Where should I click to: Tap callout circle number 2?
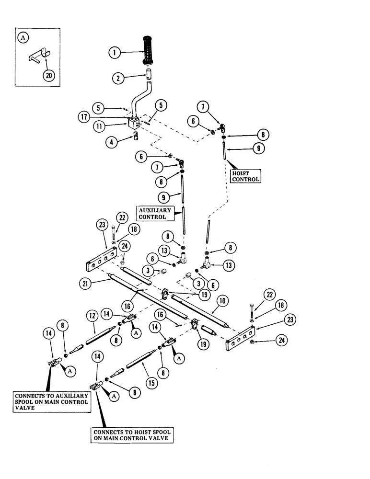tap(118, 78)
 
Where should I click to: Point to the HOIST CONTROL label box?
tap(246, 176)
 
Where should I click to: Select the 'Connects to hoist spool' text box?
tap(132, 435)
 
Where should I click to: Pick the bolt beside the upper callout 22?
tap(114, 232)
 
